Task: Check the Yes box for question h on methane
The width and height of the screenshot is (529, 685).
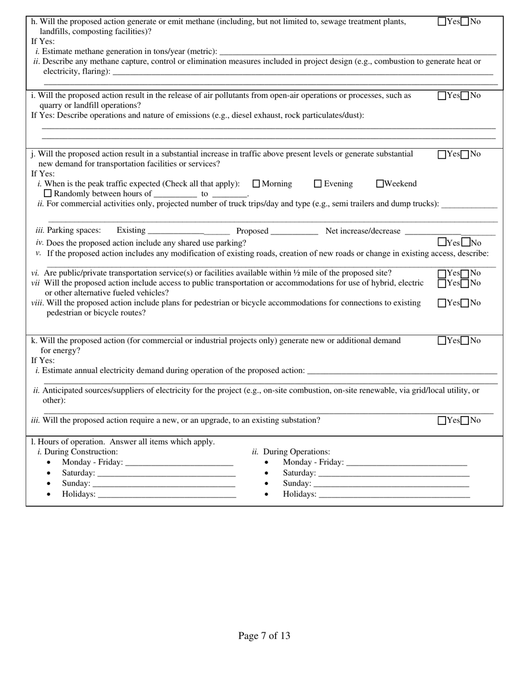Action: pos(442,22)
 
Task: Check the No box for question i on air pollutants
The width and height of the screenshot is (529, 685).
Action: pos(466,96)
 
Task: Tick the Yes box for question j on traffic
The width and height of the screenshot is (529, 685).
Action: pos(442,154)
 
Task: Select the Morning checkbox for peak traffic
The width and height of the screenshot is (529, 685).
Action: pos(257,184)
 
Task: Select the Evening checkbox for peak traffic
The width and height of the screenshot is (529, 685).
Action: pos(318,184)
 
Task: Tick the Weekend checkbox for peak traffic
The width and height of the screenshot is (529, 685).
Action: pos(380,184)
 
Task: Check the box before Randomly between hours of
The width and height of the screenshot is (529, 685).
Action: pos(48,193)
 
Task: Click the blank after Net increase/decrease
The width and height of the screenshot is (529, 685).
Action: pos(450,231)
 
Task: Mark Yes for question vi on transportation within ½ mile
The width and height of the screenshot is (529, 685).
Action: pos(442,273)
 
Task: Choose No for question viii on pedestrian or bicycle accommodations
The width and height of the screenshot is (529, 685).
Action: pos(466,304)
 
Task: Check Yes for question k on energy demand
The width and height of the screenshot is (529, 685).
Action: pos(442,341)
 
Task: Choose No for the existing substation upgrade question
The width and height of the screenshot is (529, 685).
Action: pos(466,420)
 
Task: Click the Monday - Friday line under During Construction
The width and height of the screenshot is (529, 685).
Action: pos(179,462)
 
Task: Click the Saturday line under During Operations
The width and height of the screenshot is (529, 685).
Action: pos(394,473)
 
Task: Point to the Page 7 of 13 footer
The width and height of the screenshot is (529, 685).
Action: pos(264,635)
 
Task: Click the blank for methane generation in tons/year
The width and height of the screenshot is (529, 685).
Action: pos(357,51)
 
